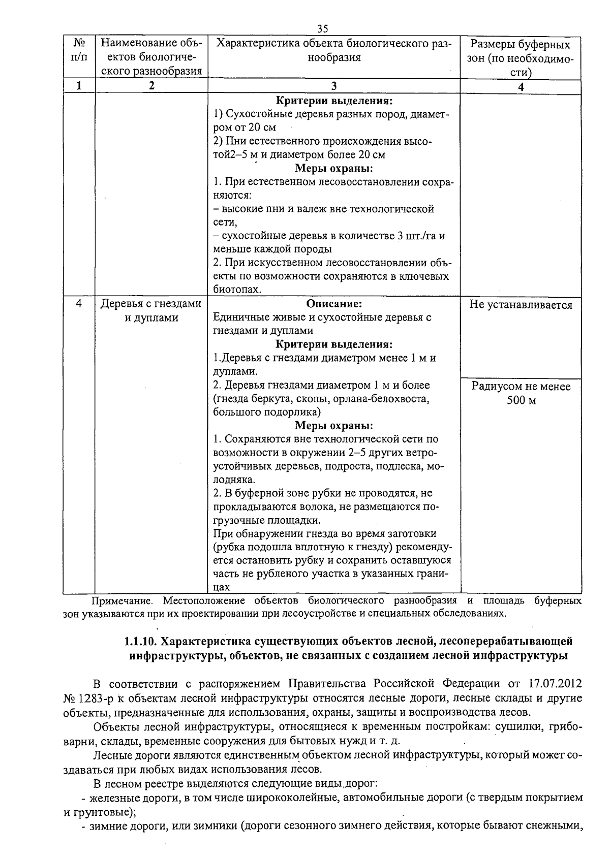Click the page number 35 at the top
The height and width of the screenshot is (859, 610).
(322, 28)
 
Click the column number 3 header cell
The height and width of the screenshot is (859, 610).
(333, 86)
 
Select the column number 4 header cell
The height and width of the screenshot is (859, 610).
(520, 87)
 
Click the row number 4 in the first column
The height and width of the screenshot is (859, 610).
(79, 304)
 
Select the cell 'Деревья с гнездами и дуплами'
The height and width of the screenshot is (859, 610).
(151, 311)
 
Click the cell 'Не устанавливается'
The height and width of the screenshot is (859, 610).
(521, 305)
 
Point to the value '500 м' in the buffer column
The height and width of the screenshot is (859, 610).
(521, 400)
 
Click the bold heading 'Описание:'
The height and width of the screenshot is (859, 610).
(334, 304)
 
